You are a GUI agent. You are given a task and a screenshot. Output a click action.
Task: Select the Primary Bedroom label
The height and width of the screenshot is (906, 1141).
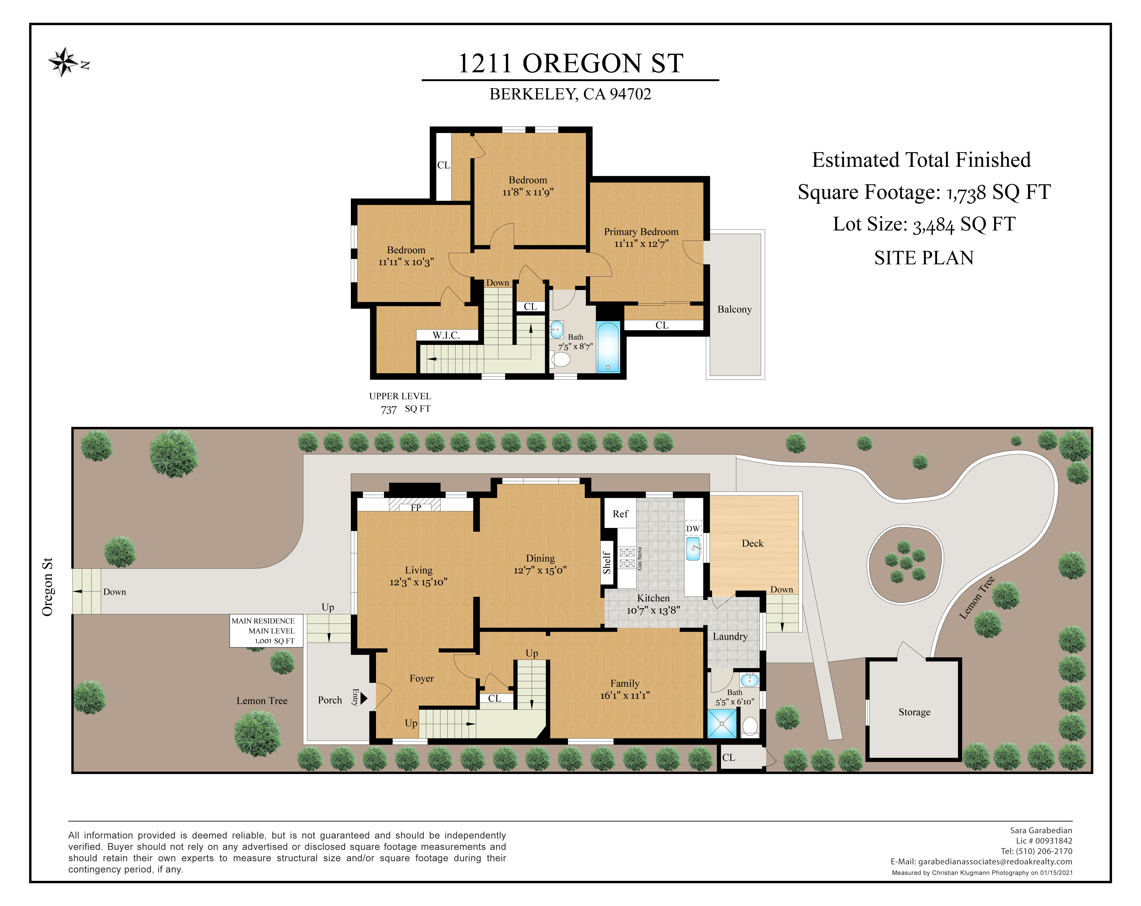coord(641,232)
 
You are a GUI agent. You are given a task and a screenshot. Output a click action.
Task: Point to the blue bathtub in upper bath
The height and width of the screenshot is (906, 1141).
coord(608,347)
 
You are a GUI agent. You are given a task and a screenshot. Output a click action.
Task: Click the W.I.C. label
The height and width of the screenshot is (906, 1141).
coord(446,335)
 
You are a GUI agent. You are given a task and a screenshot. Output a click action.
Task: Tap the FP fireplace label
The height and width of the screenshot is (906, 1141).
coord(416,507)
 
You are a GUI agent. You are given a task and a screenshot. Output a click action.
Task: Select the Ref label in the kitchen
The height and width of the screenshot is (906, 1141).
coord(620,514)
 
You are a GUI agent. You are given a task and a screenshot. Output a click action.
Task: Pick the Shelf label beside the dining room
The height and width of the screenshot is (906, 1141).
coord(607,562)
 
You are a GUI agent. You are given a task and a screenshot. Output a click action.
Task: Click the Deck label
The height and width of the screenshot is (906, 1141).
coord(753,544)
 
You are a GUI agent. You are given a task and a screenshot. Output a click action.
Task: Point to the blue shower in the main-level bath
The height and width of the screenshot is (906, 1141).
coord(722,723)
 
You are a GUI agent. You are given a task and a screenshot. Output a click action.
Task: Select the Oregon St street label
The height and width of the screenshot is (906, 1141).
coord(48,587)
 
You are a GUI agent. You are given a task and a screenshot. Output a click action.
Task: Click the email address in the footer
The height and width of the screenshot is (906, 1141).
coord(995,862)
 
